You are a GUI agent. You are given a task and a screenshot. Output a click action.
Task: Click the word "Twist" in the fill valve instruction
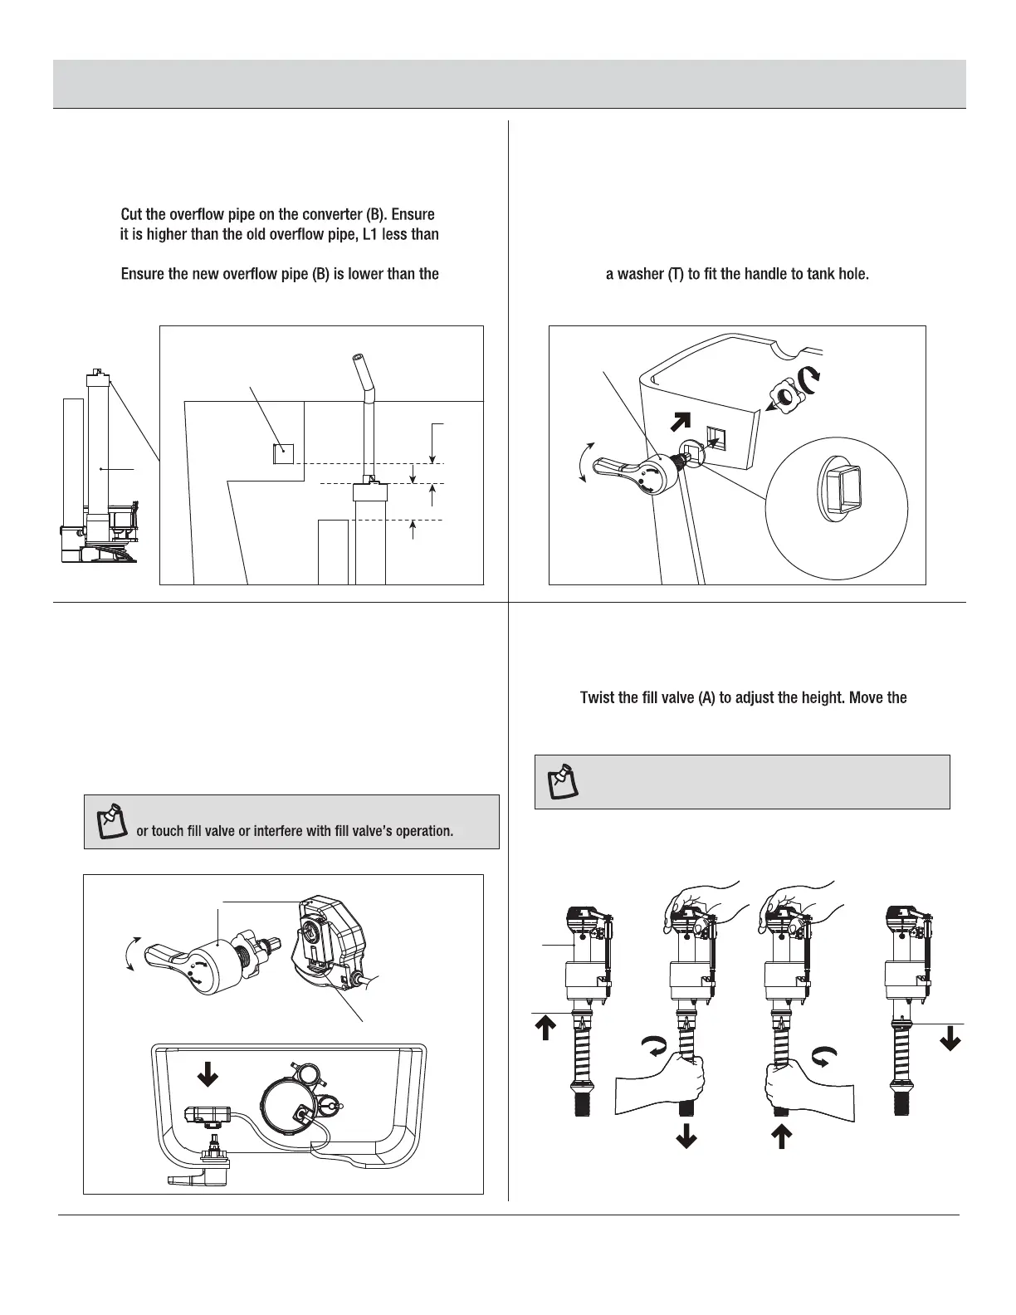598,698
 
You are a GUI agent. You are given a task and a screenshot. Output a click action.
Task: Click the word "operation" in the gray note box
421,830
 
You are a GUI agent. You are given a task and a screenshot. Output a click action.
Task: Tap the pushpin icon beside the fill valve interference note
110,820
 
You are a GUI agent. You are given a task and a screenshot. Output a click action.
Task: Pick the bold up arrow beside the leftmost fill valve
545,1029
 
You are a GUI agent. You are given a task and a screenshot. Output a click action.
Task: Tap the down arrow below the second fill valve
686,1135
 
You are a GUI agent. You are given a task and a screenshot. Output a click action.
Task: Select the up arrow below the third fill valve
780,1135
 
